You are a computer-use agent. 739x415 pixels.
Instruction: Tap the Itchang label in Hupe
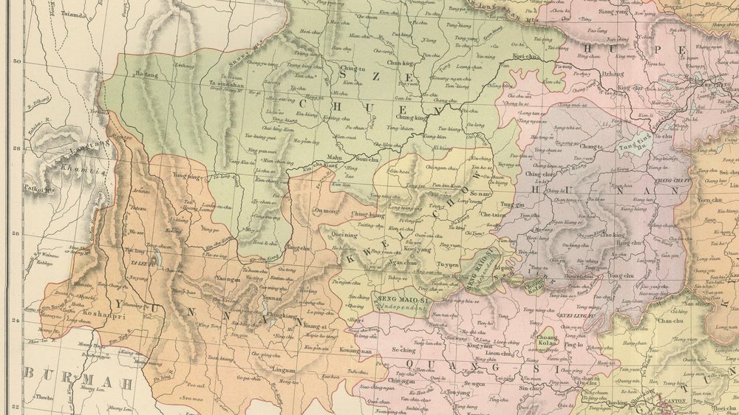point(613,74)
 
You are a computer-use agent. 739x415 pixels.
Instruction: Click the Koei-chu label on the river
point(527,56)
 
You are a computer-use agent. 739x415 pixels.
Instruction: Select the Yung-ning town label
point(186,176)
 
